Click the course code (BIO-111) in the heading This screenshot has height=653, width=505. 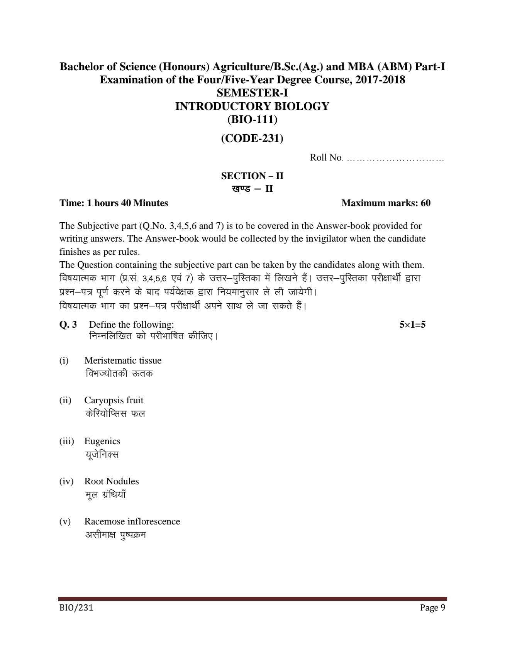point(252,120)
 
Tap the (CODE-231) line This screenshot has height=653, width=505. point(252,138)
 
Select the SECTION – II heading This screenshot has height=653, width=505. point(252,176)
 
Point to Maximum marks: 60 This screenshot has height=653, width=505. point(386,203)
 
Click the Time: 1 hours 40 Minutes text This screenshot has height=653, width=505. point(114,203)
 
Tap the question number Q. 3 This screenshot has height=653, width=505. point(68,325)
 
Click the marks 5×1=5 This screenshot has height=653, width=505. point(412,325)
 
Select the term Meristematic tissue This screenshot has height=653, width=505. point(123,360)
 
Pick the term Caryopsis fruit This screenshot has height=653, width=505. point(114,400)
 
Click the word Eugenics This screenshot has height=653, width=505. point(102,441)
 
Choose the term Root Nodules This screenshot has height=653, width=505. point(112,481)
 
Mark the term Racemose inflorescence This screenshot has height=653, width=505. point(132,521)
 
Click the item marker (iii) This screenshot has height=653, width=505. point(66,441)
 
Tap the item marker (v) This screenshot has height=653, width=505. point(65,521)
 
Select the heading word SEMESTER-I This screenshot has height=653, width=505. point(252,93)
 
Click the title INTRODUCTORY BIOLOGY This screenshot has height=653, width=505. point(252,106)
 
